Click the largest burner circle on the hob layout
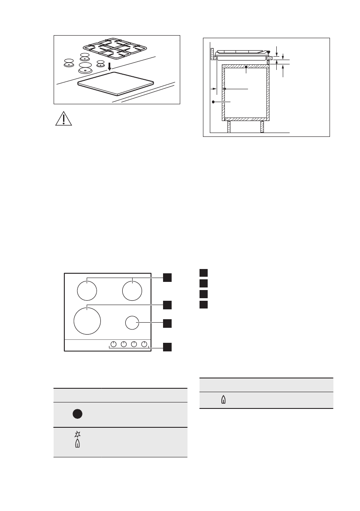tap(87, 320)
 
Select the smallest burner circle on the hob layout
tap(133, 323)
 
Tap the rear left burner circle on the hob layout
tap(87, 290)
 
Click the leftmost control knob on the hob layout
tap(113, 344)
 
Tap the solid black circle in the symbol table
tap(77, 414)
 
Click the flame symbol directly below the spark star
tap(77, 444)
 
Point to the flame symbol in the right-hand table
tap(223, 400)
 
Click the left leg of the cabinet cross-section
tap(229, 127)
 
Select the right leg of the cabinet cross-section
tap(262, 127)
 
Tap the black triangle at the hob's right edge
tap(269, 53)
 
